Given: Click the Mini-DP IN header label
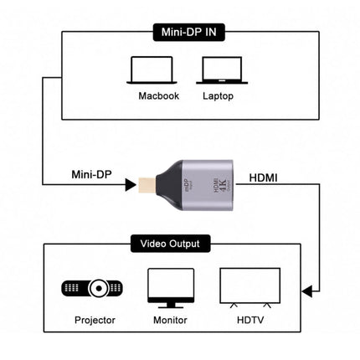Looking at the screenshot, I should click(x=180, y=34).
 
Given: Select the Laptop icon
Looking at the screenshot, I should click(x=218, y=72).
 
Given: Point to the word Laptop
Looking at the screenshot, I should click(x=218, y=96).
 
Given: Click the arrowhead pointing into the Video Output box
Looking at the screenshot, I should click(x=308, y=291).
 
